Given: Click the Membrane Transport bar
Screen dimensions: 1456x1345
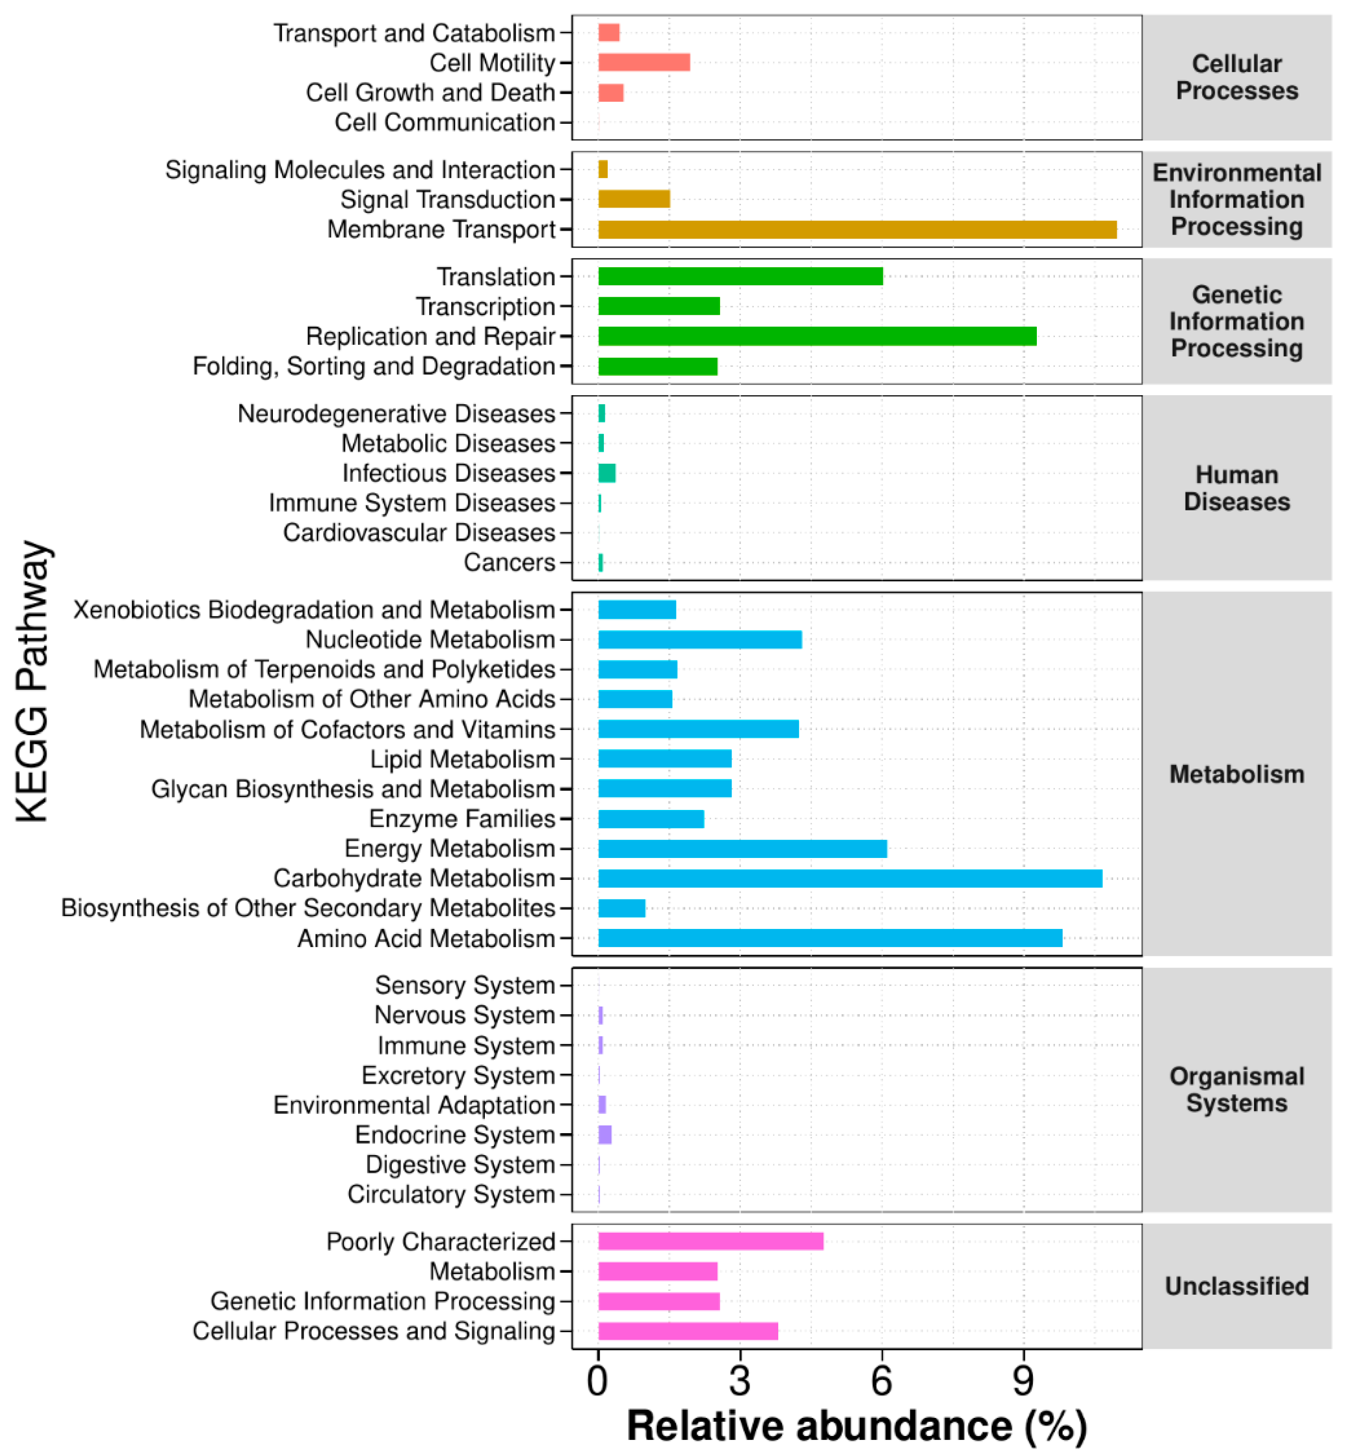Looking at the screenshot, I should click(x=857, y=229).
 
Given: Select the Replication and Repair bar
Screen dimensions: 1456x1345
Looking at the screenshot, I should click(x=817, y=336).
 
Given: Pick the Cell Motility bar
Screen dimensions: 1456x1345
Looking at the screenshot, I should click(x=643, y=62).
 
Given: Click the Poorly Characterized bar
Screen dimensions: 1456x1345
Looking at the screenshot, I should click(x=710, y=1241).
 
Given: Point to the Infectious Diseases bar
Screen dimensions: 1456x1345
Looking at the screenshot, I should click(x=606, y=473).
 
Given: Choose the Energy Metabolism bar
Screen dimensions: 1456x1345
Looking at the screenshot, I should click(x=742, y=848).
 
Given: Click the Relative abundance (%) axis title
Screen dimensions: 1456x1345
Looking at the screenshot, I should click(x=857, y=1426).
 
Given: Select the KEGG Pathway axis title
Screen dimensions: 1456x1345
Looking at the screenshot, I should click(x=33, y=681).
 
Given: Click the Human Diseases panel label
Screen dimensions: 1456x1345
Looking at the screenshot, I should click(x=1236, y=488).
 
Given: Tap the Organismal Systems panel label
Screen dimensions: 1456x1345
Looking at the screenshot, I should click(x=1236, y=1089).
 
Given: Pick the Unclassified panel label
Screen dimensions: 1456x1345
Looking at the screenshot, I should click(x=1236, y=1286).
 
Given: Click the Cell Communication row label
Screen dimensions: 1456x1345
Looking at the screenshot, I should click(x=445, y=122).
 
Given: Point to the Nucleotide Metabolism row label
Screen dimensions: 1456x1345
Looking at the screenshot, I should click(x=430, y=639).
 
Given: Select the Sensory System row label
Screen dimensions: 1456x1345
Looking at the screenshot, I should click(x=465, y=985).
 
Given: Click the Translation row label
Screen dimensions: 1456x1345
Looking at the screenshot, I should click(x=496, y=277).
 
